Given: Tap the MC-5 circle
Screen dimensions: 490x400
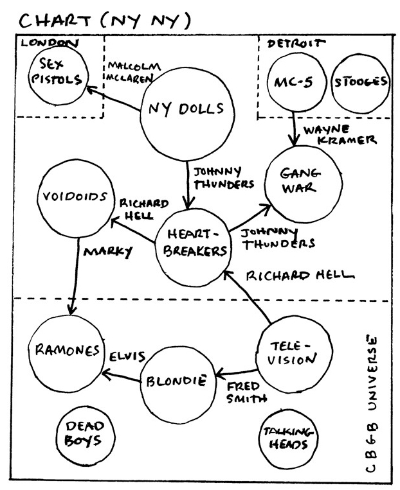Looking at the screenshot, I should pyautogui.click(x=294, y=83).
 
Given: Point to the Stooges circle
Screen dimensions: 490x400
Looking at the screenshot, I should pyautogui.click(x=360, y=83).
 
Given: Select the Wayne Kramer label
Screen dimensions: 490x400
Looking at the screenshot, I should pyautogui.click(x=339, y=134).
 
